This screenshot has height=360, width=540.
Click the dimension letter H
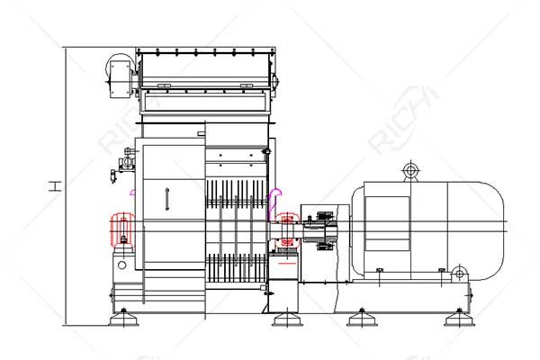coord(54,186)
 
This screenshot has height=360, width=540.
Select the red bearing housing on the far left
coord(122,229)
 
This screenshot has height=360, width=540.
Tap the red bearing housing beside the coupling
coord(287,230)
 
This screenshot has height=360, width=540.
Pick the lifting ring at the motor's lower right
coord(459,274)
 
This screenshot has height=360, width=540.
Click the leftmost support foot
coord(123,318)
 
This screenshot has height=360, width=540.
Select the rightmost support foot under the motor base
coord(459,318)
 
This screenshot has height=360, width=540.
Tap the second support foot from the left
coord(287,318)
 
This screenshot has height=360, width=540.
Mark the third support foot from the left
coord(362,318)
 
